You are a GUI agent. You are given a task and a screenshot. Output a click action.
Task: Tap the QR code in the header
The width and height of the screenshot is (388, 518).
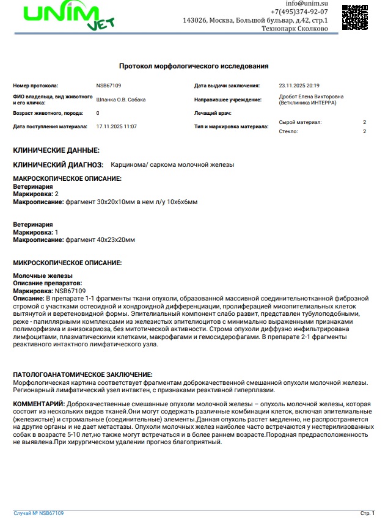[x=354, y=17]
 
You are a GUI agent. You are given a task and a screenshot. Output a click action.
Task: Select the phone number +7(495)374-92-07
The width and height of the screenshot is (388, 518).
[x=299, y=12]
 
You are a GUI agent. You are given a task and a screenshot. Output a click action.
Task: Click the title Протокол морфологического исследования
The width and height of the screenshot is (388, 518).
[x=194, y=66]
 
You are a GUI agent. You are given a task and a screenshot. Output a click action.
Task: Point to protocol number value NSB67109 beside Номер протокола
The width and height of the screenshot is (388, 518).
[x=109, y=86]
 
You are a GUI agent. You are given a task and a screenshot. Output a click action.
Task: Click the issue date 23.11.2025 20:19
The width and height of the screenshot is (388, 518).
[x=299, y=86]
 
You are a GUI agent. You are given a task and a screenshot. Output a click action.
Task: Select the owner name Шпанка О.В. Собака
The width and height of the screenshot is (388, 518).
[x=121, y=100]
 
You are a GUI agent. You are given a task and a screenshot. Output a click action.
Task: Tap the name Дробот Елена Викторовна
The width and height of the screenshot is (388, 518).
[x=311, y=97]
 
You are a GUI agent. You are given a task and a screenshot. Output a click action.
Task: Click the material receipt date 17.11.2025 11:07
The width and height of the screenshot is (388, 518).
[x=117, y=126]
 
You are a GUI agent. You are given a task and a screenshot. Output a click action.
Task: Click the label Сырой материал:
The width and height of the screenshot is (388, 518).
[x=300, y=123]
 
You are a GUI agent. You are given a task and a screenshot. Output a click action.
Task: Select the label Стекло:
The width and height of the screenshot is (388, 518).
[x=288, y=131]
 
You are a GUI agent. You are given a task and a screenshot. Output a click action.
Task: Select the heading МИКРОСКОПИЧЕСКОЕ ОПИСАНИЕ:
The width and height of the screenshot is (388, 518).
[x=68, y=263]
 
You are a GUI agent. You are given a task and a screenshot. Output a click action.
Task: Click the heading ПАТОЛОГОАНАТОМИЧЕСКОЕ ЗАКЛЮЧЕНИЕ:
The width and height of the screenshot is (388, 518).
[x=83, y=374]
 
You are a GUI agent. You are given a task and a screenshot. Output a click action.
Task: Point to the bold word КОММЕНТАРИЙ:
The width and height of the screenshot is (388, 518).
[x=38, y=404]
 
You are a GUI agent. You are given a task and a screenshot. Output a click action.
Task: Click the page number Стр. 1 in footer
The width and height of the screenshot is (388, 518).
[x=367, y=513]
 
